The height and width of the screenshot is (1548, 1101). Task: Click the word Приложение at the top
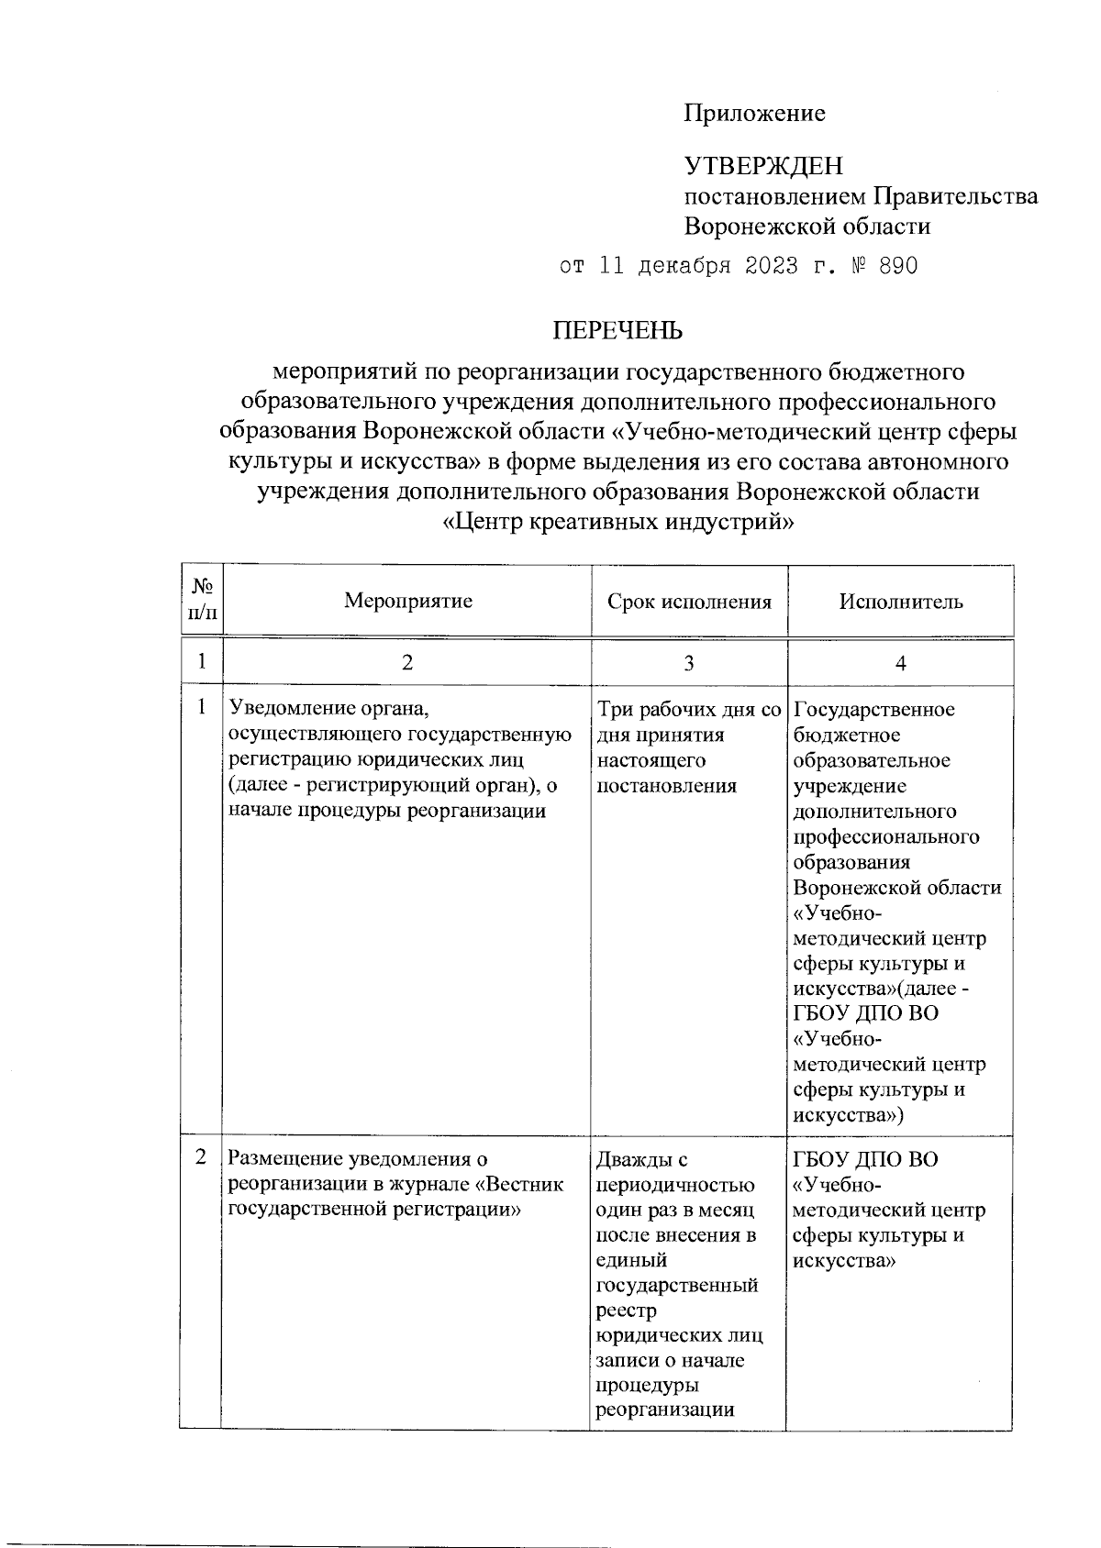pos(754,113)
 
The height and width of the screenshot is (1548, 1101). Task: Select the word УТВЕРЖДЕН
pos(763,166)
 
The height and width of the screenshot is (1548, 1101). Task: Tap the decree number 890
pos(897,267)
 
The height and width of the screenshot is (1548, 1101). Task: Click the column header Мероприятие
pos(408,601)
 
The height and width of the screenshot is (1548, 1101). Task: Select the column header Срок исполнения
pos(689,602)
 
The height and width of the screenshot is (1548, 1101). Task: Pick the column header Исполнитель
pos(901,602)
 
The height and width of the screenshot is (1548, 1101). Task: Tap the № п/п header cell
pos(202,600)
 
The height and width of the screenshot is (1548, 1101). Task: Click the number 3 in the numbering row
pos(689,662)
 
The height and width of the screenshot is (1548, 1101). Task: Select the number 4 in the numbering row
pos(901,662)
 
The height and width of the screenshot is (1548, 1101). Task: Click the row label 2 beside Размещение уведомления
pos(201,1157)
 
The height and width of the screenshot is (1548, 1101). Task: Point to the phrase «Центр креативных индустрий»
pos(617,523)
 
